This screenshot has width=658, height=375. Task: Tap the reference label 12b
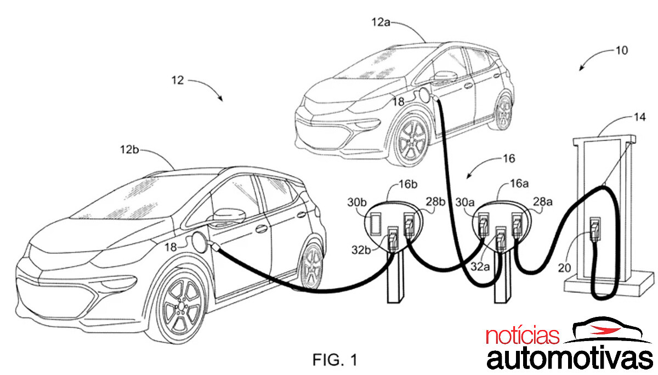(x=131, y=149)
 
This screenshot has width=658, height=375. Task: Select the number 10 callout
(x=621, y=50)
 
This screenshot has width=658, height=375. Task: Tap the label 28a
(x=543, y=202)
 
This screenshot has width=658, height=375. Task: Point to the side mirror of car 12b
(x=229, y=214)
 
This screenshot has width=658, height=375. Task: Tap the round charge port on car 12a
(x=425, y=95)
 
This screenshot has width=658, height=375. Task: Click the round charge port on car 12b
(x=198, y=241)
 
